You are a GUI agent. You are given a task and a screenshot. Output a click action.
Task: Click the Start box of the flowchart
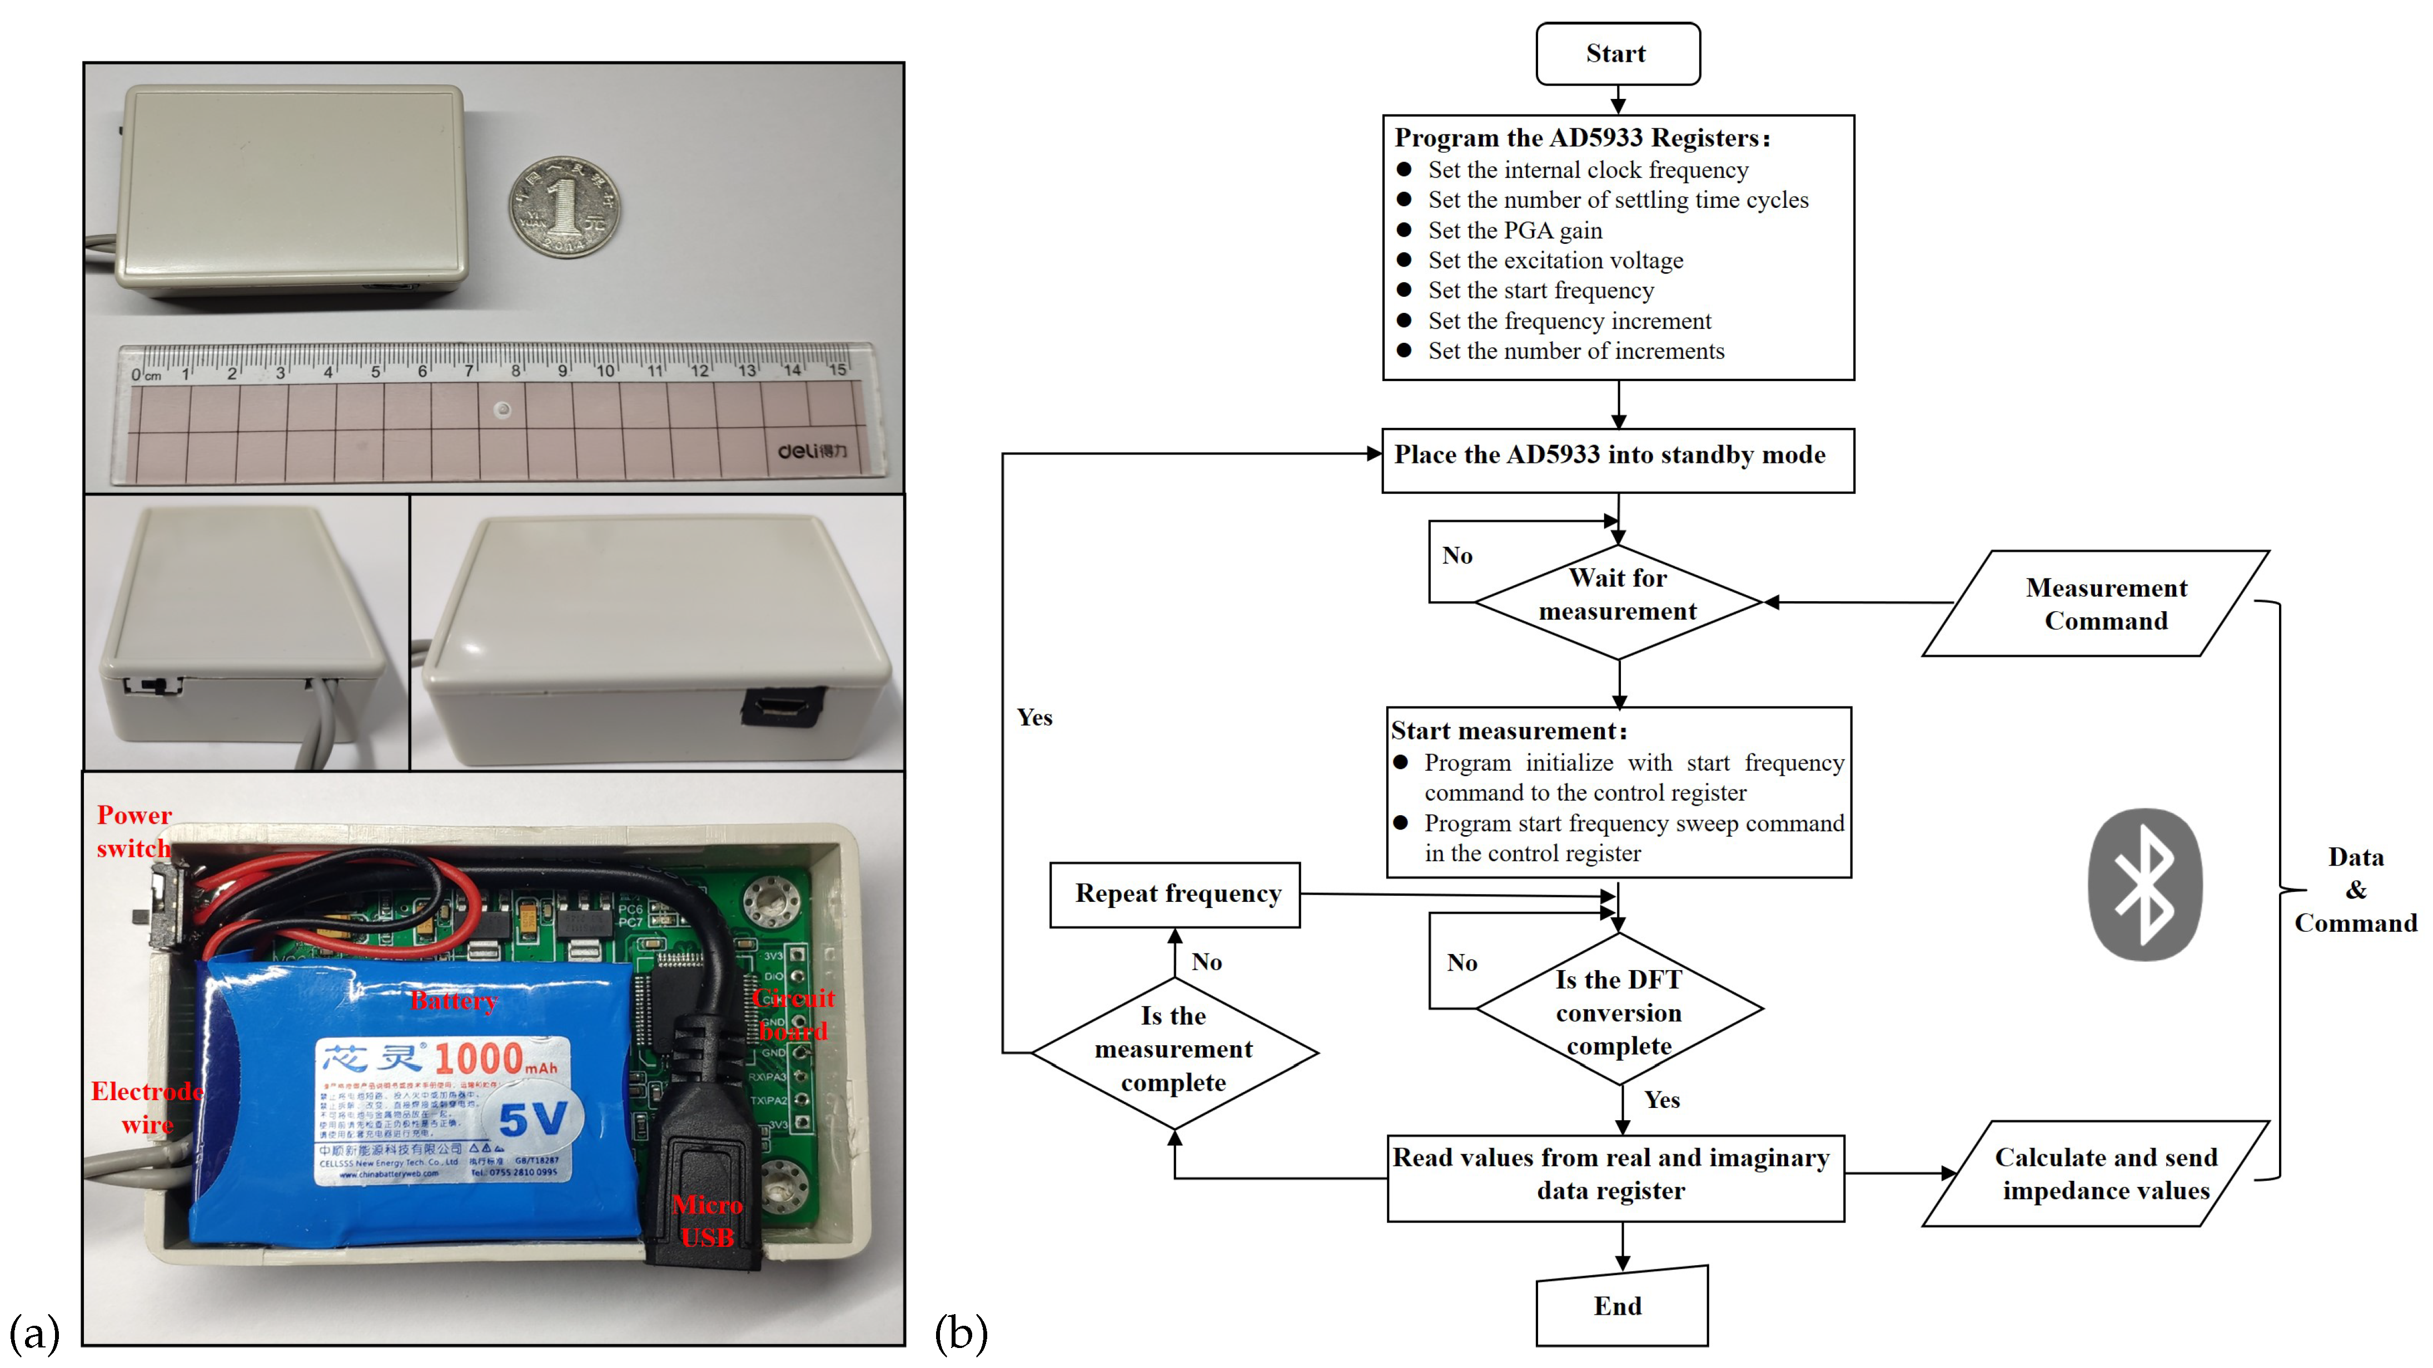(x=1617, y=54)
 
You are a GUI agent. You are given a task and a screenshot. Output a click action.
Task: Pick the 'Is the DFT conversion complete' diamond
(x=1619, y=1010)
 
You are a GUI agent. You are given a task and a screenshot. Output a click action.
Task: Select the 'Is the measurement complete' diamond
(x=1174, y=1050)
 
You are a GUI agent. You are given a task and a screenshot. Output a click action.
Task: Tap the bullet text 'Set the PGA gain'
(x=1514, y=231)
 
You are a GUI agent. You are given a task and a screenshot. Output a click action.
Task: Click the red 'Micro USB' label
(x=708, y=1221)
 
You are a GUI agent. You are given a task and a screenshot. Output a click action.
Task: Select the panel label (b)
(x=961, y=1333)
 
